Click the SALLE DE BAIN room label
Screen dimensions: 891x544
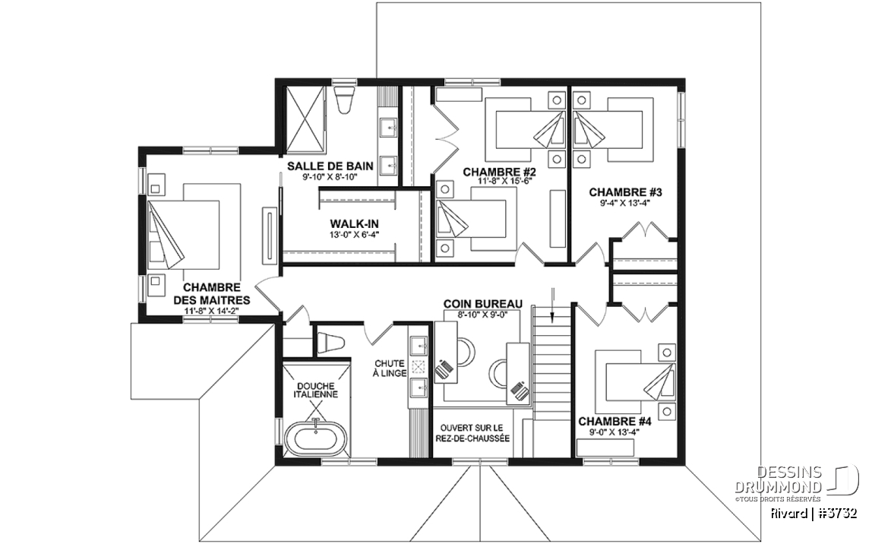pos(330,166)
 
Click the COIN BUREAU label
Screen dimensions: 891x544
pos(482,305)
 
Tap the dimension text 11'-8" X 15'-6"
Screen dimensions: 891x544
pos(500,182)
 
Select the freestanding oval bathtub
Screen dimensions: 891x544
pos(314,438)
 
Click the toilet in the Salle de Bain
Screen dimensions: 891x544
pos(344,100)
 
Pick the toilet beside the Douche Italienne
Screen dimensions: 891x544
pos(330,343)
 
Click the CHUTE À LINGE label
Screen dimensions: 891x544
pos(390,368)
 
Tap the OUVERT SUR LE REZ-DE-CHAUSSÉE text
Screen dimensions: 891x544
pos(472,433)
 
